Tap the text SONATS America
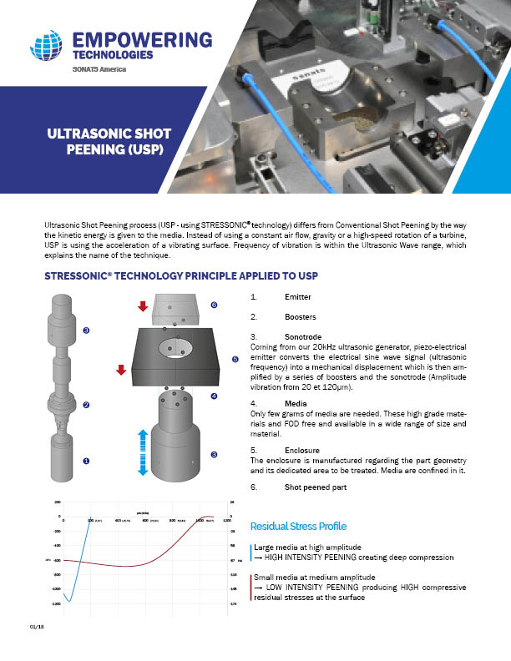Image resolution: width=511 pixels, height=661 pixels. coord(101,69)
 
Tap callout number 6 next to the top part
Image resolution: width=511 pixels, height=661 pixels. coord(214,305)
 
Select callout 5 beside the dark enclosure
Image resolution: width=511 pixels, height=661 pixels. coord(235,359)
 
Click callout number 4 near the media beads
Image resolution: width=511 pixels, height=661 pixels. coord(214,396)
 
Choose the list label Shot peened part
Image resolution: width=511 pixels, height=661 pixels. coord(316,487)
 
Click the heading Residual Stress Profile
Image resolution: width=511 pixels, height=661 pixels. coord(298,526)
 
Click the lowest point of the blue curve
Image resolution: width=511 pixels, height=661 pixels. coord(69,600)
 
